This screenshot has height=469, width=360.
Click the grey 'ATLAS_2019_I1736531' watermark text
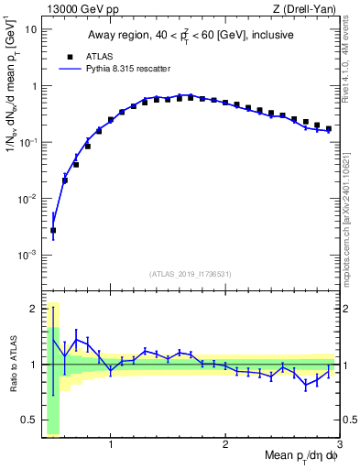[190, 273]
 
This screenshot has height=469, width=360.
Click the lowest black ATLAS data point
[53, 231]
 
